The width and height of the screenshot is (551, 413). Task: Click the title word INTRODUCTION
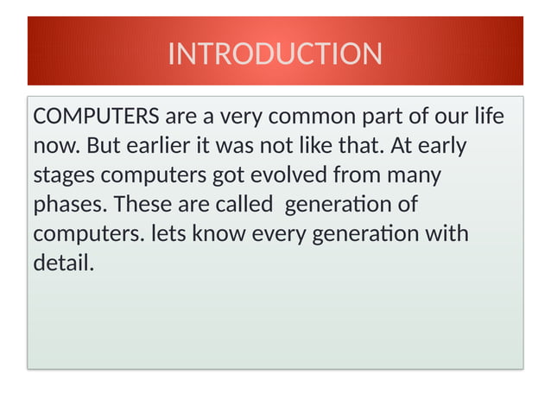(x=275, y=54)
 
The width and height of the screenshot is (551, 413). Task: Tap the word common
(x=325, y=117)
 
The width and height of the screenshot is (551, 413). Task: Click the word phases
(x=70, y=206)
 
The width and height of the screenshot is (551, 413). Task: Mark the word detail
(x=63, y=264)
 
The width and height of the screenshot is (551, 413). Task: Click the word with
(x=448, y=235)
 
